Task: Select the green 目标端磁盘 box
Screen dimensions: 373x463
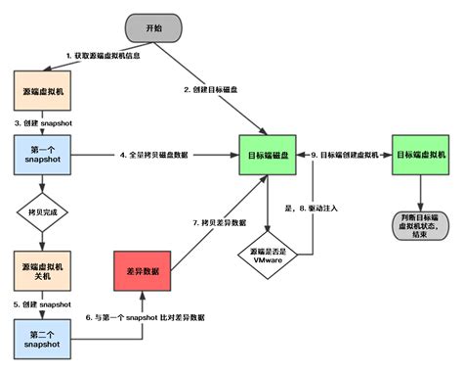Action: coord(266,156)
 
